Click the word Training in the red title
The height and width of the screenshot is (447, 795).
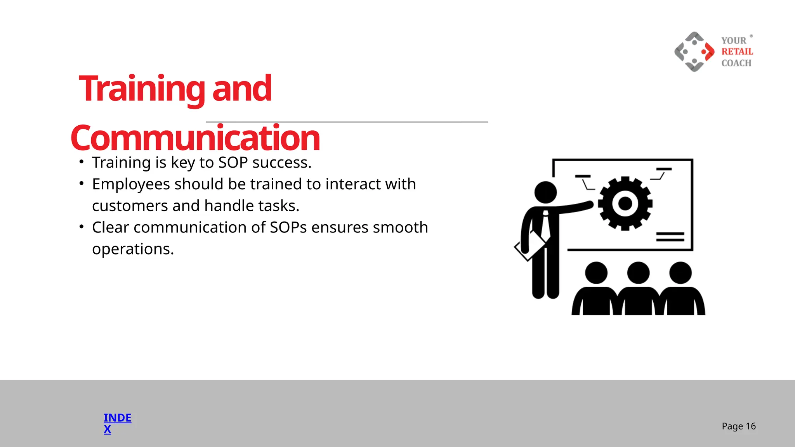[x=142, y=89]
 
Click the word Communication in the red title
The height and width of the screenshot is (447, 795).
[x=195, y=138]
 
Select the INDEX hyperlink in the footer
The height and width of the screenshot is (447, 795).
[x=117, y=423]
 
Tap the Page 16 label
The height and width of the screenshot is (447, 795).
[x=738, y=426]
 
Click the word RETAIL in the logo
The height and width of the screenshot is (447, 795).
[x=737, y=52]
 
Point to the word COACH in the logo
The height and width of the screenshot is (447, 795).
[x=736, y=63]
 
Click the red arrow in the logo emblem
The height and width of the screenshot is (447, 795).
[x=708, y=52]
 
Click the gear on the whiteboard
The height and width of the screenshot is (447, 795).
[x=625, y=203]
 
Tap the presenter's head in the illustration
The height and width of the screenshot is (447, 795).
[x=545, y=192]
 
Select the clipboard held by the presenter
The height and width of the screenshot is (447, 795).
[x=529, y=246]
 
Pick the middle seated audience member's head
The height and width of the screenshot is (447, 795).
[x=638, y=272]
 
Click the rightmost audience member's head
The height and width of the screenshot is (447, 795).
[x=680, y=272]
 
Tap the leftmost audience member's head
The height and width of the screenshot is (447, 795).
[x=596, y=272]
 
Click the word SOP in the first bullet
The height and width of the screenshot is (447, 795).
[x=233, y=163]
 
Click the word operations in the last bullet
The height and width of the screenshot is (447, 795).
[x=133, y=249]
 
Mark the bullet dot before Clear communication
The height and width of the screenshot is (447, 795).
[x=82, y=226]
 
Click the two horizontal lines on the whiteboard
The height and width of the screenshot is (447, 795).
[x=670, y=237]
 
